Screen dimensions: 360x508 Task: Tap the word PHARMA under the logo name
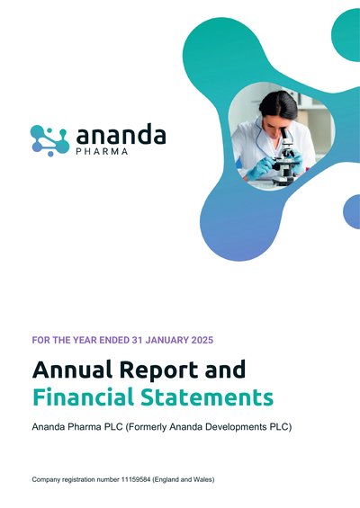pos(103,152)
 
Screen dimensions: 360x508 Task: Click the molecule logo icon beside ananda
pos(49,140)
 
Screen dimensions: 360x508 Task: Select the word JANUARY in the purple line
pos(166,340)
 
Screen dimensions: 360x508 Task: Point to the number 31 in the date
pos(136,340)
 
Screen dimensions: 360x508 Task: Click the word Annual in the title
pos(72,370)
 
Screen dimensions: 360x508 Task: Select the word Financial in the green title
pos(83,397)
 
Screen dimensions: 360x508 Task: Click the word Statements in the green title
pos(207,397)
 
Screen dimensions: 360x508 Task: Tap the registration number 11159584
pos(136,479)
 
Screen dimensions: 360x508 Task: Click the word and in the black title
pos(225,370)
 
